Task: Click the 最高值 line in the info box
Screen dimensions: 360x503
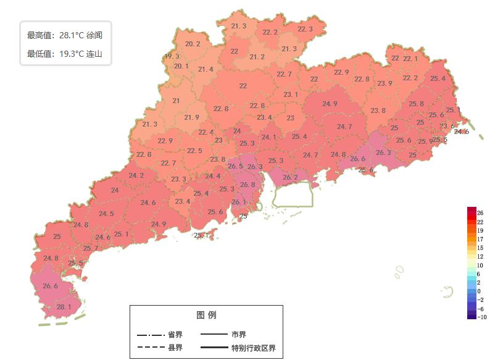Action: pos(65,35)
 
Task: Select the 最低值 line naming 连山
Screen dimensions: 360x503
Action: pos(65,54)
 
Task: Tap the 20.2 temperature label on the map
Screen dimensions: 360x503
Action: pos(193,44)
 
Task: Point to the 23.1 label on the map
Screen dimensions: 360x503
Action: pos(291,94)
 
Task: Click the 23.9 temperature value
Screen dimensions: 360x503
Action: pos(385,83)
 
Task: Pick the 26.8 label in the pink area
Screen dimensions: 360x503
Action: pos(247,185)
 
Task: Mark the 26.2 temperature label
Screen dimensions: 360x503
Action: pos(290,177)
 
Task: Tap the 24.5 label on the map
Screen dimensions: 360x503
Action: pos(106,214)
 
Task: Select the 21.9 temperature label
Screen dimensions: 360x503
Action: pos(191,117)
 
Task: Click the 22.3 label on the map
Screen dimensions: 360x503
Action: pos(305,29)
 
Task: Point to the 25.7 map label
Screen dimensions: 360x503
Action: pos(91,248)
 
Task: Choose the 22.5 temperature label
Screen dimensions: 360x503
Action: pos(194,151)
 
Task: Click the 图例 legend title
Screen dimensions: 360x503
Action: pos(206,315)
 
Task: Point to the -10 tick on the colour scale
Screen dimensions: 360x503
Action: pos(482,317)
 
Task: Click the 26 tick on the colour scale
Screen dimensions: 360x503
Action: pos(480,213)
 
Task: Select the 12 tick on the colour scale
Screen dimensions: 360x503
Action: pos(480,256)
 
